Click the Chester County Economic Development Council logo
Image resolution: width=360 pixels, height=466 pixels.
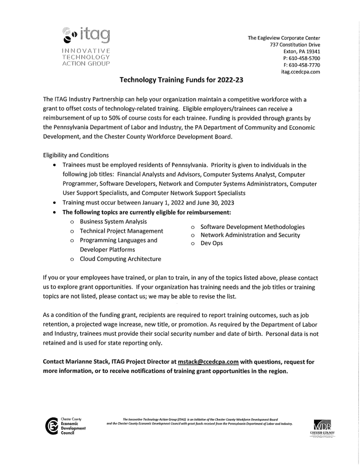click(x=65, y=426)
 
